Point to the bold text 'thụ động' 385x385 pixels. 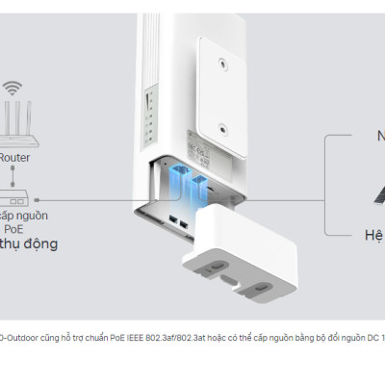coord(29,244)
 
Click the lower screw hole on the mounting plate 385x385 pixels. coord(222,128)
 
